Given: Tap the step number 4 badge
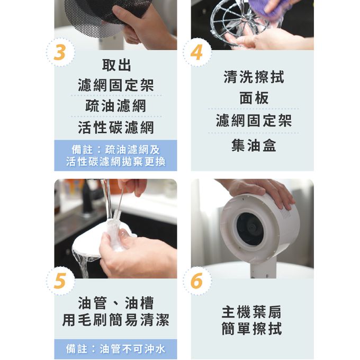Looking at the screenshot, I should point(197,53).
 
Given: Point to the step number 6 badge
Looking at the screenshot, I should point(197,281).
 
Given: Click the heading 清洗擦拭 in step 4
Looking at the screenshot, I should point(254,77).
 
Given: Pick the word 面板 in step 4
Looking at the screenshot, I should point(254,98).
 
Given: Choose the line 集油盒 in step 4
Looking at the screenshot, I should point(254,145).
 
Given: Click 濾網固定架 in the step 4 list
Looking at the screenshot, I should point(254,121).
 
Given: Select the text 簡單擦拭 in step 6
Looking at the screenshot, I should point(251,328).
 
